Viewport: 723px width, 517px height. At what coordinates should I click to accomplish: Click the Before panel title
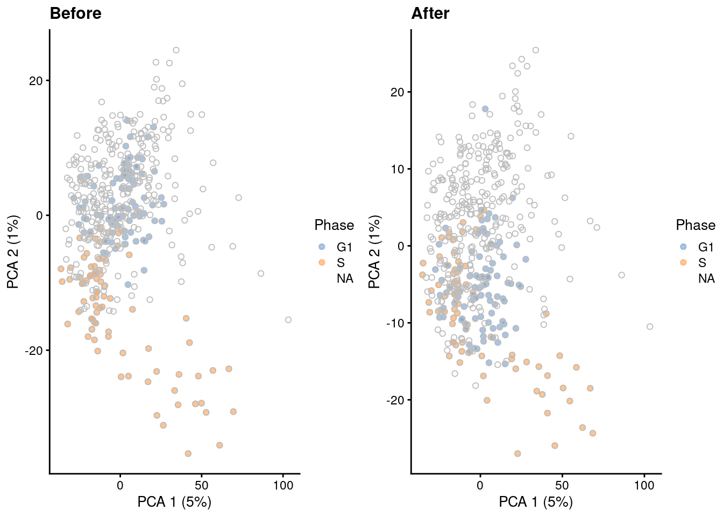click(x=75, y=13)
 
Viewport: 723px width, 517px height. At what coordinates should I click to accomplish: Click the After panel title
click(x=430, y=13)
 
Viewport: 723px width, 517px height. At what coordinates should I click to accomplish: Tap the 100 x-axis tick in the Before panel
click(x=283, y=485)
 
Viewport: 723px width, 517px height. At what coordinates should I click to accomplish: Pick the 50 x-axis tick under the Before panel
click(x=202, y=485)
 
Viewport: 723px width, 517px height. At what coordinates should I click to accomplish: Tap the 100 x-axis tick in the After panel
click(x=644, y=485)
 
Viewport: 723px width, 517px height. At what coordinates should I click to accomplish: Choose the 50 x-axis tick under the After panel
click(x=562, y=485)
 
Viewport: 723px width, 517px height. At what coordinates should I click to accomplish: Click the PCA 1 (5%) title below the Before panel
click(x=174, y=502)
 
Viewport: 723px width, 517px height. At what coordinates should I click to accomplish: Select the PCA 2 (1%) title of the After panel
click(x=374, y=251)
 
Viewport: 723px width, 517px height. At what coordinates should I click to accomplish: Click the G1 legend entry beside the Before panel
click(x=344, y=247)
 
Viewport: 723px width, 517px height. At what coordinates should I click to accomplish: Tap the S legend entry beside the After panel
click(x=702, y=263)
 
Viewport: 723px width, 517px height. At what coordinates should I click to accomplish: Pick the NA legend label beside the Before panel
click(x=345, y=278)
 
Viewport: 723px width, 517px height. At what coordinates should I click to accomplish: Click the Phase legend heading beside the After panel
click(x=696, y=225)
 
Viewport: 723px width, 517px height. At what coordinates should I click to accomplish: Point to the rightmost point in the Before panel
click(x=288, y=320)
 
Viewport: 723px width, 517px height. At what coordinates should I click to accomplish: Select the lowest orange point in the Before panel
click(x=188, y=453)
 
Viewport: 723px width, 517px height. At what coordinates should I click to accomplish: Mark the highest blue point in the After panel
click(x=485, y=109)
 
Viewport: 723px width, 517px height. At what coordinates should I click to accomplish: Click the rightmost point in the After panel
click(x=650, y=326)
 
